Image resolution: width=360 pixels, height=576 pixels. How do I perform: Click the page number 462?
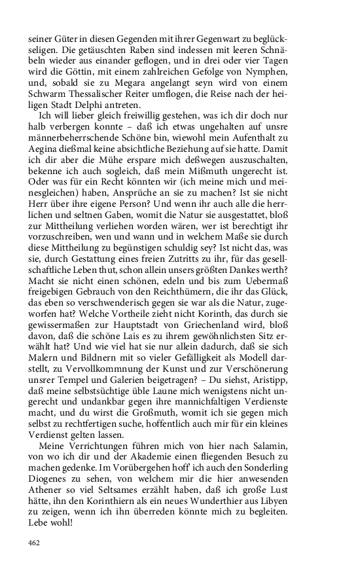35,543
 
